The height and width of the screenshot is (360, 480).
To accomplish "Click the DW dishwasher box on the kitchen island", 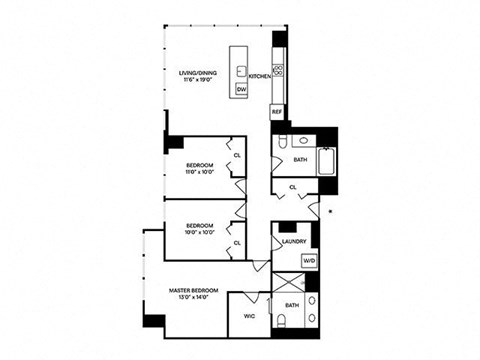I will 241,90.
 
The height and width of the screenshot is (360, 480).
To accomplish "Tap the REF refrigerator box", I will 277,113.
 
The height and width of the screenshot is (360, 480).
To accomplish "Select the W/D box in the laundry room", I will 308,260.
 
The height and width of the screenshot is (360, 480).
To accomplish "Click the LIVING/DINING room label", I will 197,72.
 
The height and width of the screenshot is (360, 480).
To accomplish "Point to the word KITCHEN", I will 260,76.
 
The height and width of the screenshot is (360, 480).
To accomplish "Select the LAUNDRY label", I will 294,241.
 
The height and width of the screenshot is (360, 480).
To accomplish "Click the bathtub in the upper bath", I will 325,161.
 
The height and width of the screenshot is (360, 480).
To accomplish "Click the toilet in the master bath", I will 283,320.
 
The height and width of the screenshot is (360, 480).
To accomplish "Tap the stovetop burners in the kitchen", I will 278,70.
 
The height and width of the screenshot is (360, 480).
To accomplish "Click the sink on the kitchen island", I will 241,69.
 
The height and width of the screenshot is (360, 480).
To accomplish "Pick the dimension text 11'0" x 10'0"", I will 200,172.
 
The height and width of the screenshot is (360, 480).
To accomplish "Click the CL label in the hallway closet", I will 291,187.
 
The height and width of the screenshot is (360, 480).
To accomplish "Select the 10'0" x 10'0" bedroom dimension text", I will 200,234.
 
